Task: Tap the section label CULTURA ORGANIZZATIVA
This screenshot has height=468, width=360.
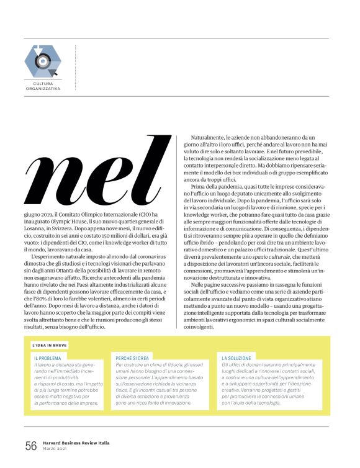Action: point(43,85)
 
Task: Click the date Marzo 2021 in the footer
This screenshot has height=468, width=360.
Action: point(56,449)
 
